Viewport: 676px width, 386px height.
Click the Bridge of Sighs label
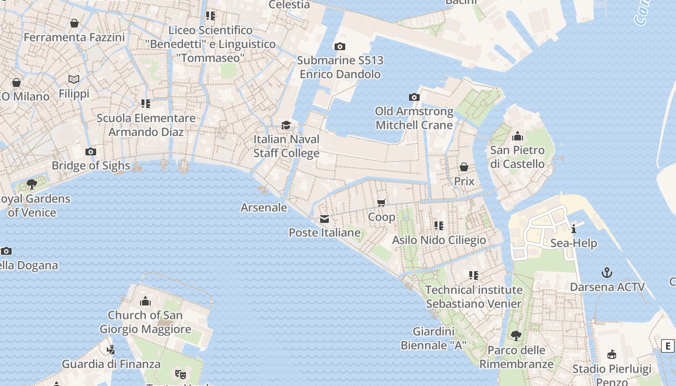point(91,165)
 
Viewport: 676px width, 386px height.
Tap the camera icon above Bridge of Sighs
point(90,152)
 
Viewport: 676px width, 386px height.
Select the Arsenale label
point(264,207)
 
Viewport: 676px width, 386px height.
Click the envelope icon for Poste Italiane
point(324,219)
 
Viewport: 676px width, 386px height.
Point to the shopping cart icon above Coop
point(381,203)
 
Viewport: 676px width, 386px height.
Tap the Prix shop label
point(464,181)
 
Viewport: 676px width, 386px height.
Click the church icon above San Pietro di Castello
point(518,136)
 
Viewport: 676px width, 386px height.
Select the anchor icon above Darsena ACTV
point(607,273)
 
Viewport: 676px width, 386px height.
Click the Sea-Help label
point(574,243)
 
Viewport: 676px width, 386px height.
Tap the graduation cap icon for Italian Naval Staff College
point(286,125)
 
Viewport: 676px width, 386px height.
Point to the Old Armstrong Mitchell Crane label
point(414,118)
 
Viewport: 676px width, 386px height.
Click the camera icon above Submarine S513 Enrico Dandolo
point(340,46)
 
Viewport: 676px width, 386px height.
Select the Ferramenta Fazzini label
point(74,37)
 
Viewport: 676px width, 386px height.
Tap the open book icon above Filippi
point(74,79)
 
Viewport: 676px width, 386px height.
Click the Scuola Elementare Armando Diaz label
point(146,125)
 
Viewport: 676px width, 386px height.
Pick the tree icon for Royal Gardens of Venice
point(32,184)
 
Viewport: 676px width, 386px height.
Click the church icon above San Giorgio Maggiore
point(145,302)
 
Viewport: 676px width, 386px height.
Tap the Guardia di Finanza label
point(111,364)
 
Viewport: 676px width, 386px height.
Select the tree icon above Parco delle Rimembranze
point(516,335)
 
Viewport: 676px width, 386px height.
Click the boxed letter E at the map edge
point(668,345)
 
